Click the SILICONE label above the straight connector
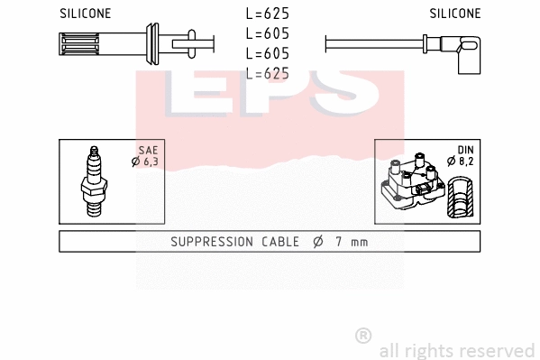pyautogui.click(x=85, y=14)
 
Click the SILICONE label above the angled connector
pyautogui.click(x=455, y=14)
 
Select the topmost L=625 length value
pyautogui.click(x=267, y=14)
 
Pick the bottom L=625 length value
pyautogui.click(x=267, y=73)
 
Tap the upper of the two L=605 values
pyautogui.click(x=267, y=33)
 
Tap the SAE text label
pyautogui.click(x=149, y=151)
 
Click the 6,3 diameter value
pyautogui.click(x=150, y=162)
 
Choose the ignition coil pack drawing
pyautogui.click(x=413, y=183)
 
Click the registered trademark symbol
pyautogui.click(x=363, y=336)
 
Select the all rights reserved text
pyautogui.click(x=456, y=350)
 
